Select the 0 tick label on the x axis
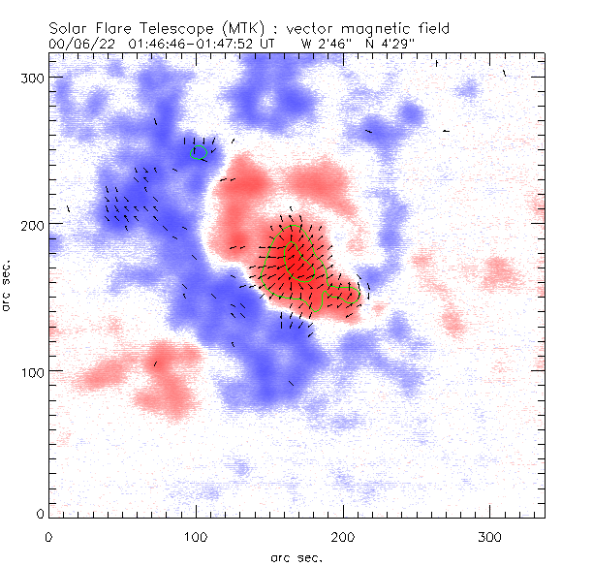(x=48, y=536)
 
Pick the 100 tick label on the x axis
(x=196, y=536)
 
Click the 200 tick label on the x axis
(x=343, y=536)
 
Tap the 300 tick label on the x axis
(x=490, y=536)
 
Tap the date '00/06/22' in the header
(x=78, y=44)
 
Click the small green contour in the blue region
(x=200, y=151)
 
